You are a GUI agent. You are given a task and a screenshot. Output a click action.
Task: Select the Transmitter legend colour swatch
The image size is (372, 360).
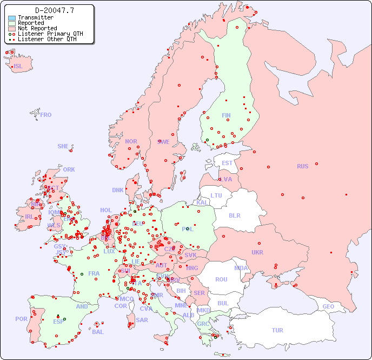[12, 17]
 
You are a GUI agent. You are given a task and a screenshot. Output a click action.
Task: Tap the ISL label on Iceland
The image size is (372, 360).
[18, 67]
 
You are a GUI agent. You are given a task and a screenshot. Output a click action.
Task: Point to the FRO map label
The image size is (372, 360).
[46, 115]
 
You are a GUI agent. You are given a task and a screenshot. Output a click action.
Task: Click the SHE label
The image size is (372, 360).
[63, 146]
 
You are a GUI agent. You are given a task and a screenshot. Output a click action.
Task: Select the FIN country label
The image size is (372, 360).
[226, 115]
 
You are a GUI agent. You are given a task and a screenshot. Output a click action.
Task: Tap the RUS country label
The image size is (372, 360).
[302, 166]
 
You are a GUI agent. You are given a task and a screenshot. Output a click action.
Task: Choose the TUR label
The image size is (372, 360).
[277, 330]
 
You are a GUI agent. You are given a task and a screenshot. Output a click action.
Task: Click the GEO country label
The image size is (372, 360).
[328, 306]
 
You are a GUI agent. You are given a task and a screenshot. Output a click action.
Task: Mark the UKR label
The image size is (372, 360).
[257, 252]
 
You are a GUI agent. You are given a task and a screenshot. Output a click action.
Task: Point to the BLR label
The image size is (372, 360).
[234, 215]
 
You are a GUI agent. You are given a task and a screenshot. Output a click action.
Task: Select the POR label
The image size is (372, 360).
[21, 319]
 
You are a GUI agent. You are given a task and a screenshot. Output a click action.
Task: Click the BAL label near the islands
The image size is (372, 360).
[98, 332]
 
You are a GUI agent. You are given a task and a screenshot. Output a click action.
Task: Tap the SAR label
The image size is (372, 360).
[142, 320]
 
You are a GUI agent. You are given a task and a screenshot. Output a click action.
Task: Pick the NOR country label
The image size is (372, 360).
[131, 141]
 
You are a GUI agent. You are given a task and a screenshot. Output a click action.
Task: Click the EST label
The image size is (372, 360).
[227, 163]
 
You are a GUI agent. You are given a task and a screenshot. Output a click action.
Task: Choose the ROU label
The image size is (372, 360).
[221, 279]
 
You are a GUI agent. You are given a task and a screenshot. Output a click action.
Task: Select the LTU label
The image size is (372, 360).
[216, 195]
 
